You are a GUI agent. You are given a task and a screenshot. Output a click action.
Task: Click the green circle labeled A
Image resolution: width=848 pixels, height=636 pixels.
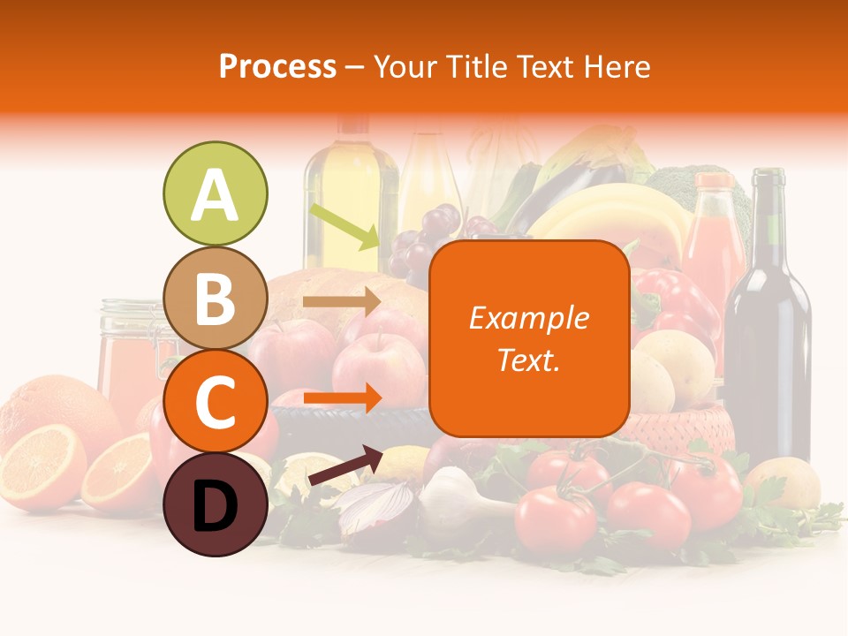point(215,193)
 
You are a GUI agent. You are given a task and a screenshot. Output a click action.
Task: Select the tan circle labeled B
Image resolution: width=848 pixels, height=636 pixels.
point(215,298)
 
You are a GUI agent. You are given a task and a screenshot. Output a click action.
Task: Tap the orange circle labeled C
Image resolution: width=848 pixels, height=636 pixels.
point(215,402)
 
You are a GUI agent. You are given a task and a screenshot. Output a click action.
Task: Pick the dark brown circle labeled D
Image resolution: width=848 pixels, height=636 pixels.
point(215,506)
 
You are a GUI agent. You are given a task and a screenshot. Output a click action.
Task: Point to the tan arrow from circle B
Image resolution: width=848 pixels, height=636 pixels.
point(341,302)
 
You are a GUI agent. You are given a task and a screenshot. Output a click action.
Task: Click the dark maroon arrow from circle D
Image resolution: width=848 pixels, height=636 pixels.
point(345,466)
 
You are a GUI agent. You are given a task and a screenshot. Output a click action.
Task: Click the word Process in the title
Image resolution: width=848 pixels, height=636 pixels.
point(277,66)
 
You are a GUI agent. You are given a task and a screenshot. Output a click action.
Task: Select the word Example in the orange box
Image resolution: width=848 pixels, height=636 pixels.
point(529,318)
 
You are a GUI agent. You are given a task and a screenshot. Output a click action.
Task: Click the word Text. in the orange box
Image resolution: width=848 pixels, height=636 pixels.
point(529,360)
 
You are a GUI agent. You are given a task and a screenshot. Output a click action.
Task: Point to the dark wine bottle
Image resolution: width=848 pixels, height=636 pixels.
point(767,327)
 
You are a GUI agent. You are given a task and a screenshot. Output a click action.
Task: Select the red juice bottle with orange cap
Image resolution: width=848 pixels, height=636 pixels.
point(714,238)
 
